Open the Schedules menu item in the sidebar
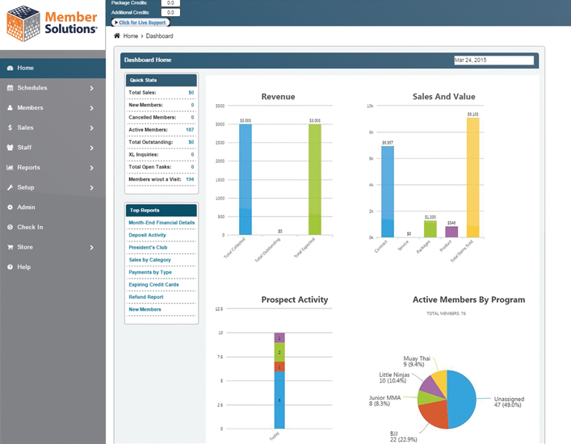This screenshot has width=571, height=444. coord(32,88)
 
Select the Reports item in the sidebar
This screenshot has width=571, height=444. coord(28,168)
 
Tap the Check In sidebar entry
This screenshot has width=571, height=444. coord(30,228)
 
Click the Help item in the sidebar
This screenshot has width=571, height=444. coord(24,267)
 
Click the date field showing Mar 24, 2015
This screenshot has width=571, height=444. coord(493,61)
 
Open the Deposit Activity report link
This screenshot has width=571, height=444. coord(147,235)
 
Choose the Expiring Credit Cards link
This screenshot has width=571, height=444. coord(153,285)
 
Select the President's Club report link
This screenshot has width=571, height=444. coord(147,248)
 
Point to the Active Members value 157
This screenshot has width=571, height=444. coord(190,129)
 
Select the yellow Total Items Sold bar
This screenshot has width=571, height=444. coord(472,178)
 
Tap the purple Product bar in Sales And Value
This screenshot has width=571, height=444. coord(451,231)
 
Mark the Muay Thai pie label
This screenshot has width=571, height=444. coord(418,361)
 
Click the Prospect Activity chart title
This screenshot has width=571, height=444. coord(295,299)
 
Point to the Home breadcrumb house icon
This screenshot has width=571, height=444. coord(117,36)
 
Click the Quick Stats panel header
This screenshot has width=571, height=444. coord(162,80)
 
